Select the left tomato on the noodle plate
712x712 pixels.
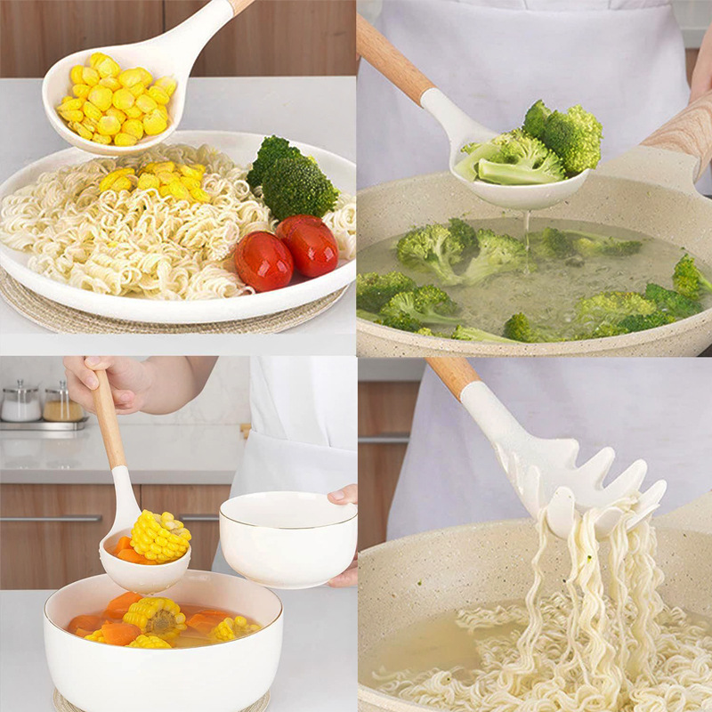[x=263, y=260]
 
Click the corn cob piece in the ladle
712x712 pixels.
[x=160, y=537]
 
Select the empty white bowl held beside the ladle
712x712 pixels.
[x=288, y=538]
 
